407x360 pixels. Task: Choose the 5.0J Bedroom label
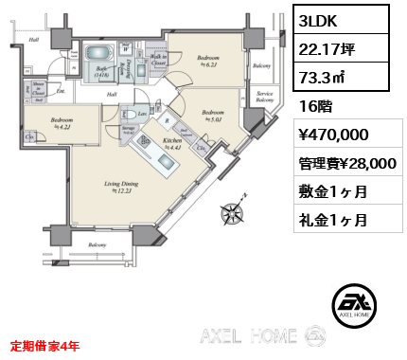coord(212,116)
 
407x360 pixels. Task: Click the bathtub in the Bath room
coord(97,56)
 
